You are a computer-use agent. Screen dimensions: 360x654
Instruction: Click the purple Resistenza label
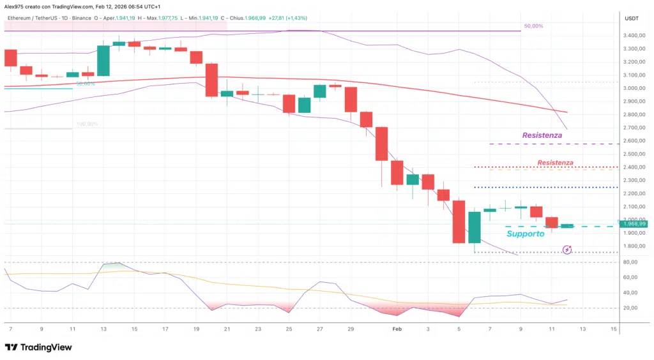pyautogui.click(x=542, y=135)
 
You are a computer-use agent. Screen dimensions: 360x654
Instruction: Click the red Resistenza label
pyautogui.click(x=555, y=163)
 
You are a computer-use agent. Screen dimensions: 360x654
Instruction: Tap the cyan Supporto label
pyautogui.click(x=525, y=234)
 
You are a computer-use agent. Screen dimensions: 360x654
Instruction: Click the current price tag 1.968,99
pyautogui.click(x=634, y=223)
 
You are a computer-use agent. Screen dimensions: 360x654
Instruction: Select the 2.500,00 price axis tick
pyautogui.click(x=634, y=154)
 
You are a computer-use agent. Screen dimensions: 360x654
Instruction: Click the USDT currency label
pyautogui.click(x=633, y=18)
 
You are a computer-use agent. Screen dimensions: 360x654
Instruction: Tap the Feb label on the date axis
pyautogui.click(x=397, y=329)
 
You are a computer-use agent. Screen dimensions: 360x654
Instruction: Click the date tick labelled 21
pyautogui.click(x=227, y=329)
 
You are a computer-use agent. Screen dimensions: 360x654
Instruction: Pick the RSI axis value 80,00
pyautogui.click(x=631, y=262)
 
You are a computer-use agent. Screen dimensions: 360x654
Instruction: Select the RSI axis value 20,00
pyautogui.click(x=631, y=308)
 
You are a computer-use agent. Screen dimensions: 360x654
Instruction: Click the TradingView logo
pyautogui.click(x=38, y=347)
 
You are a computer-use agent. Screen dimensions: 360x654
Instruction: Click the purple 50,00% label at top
pyautogui.click(x=533, y=26)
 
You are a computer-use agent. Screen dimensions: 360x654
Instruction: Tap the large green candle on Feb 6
pyautogui.click(x=475, y=227)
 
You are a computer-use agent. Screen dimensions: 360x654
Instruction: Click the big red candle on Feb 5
pyautogui.click(x=459, y=221)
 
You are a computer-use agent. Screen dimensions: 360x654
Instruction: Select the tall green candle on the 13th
pyautogui.click(x=103, y=61)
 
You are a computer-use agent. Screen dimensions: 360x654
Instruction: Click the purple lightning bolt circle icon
pyautogui.click(x=566, y=250)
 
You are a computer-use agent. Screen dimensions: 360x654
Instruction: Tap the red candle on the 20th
pyautogui.click(x=211, y=80)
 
